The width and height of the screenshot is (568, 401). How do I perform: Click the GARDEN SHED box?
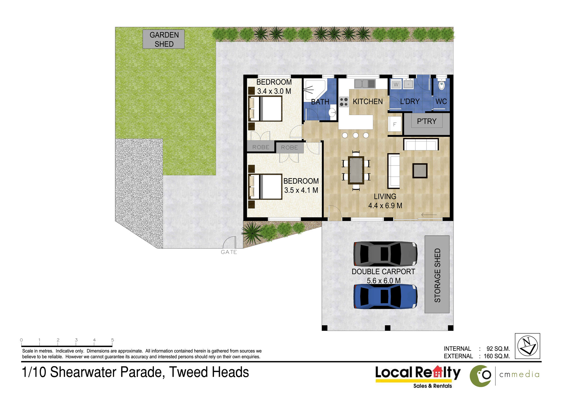(x=163, y=39)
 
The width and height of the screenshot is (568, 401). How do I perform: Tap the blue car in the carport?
(x=385, y=296)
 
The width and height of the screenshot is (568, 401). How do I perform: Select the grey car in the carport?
(x=385, y=254)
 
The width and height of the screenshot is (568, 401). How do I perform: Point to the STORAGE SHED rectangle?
(x=437, y=274)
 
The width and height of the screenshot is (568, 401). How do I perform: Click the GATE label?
(x=229, y=252)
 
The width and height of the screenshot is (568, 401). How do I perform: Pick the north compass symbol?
(x=527, y=346)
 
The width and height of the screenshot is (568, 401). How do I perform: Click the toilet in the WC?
(x=441, y=84)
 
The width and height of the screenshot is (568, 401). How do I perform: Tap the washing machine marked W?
(x=396, y=84)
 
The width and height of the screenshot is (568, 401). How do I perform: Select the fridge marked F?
(x=395, y=124)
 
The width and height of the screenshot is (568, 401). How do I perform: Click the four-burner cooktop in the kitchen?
(x=344, y=102)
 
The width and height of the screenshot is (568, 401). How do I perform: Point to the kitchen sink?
(x=365, y=84)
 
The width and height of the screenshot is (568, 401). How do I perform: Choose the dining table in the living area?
(x=356, y=170)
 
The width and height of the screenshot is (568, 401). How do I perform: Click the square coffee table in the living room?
(x=420, y=171)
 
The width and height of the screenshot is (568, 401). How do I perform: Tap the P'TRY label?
(x=427, y=121)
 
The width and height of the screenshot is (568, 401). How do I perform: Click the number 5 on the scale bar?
(x=112, y=340)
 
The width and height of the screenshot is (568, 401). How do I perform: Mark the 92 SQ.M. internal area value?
(x=498, y=348)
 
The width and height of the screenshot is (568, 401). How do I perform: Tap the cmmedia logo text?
(x=519, y=375)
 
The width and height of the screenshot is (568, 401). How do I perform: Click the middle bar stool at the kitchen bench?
(x=356, y=135)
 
